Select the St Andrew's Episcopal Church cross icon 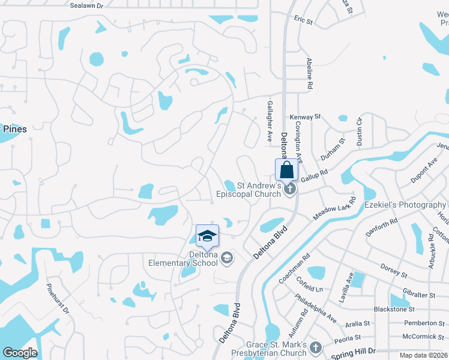pos(290,190)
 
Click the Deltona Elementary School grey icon pos(227,259)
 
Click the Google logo pos(20,353)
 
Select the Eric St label pos(304,20)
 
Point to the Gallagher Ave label pos(270,120)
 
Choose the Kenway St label pos(306,116)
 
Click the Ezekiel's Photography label pos(405,205)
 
